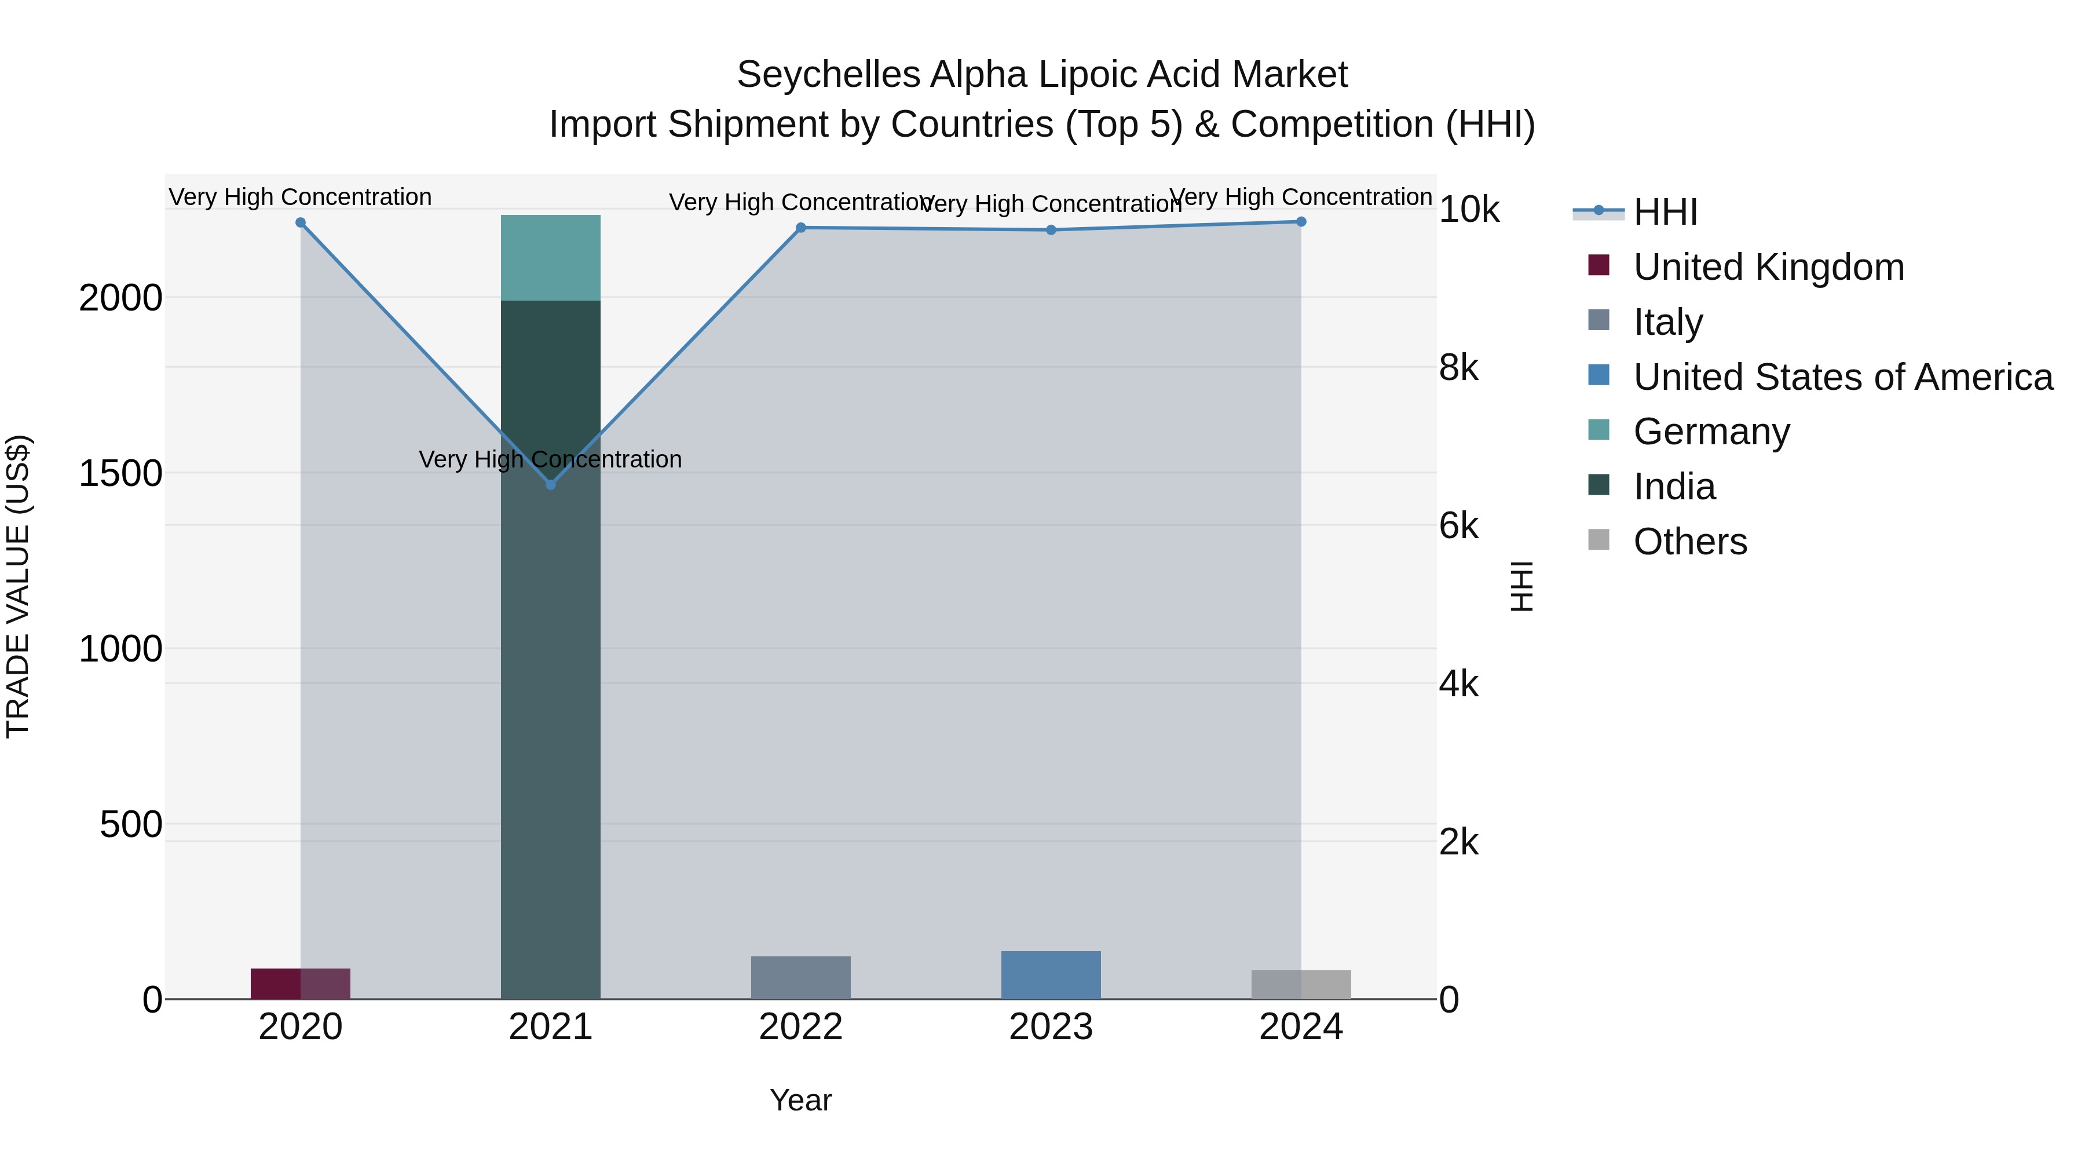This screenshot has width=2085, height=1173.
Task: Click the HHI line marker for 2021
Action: click(550, 484)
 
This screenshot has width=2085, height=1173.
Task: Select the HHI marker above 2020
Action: click(300, 222)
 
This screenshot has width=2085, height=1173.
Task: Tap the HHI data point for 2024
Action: click(1301, 222)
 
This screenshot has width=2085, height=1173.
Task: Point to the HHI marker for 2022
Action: click(800, 228)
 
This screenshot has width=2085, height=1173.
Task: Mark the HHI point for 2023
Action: click(1051, 230)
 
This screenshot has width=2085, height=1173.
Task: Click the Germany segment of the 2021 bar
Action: click(550, 257)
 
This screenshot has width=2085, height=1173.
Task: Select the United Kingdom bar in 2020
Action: click(300, 984)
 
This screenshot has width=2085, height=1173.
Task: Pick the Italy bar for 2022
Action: click(800, 977)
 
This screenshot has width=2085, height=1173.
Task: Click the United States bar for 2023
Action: click(1051, 975)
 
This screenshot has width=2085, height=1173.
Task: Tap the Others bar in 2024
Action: click(1301, 984)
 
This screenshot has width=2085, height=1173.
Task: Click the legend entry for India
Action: click(1674, 487)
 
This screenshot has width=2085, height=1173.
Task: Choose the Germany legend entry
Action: click(1711, 432)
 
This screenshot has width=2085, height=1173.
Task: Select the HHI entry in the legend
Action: click(1665, 212)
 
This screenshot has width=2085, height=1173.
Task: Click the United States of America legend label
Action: click(1843, 377)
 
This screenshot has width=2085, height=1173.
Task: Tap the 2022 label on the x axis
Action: click(800, 1027)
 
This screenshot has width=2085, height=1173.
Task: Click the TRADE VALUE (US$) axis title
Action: click(18, 586)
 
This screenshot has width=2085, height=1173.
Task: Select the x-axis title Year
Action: click(800, 1100)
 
